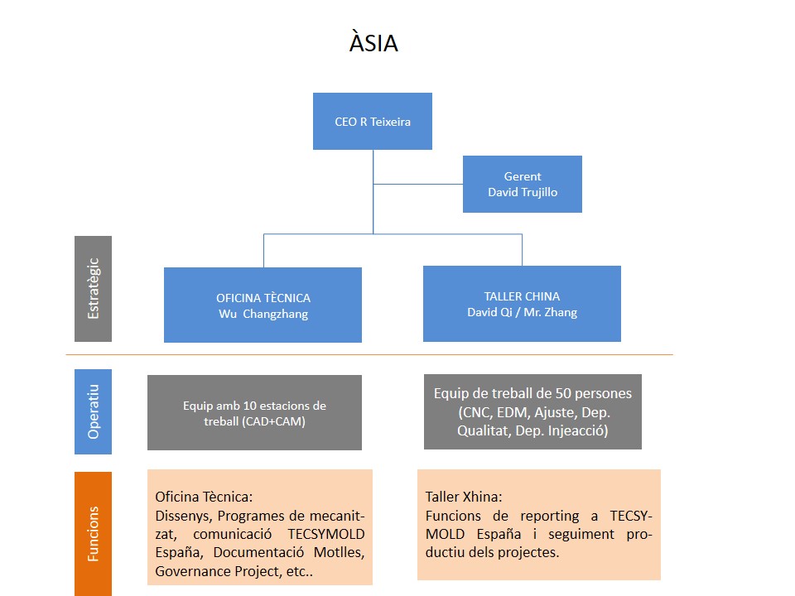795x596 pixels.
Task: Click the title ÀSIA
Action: (373, 41)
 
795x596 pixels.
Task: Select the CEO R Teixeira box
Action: (373, 121)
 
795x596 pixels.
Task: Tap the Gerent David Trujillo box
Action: (523, 184)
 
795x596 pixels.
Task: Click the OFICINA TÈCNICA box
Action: (263, 305)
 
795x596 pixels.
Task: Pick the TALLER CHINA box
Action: (522, 304)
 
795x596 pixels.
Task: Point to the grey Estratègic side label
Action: (94, 289)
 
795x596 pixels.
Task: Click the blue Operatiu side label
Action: (94, 411)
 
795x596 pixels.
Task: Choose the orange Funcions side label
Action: (94, 534)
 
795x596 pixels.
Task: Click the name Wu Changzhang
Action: (263, 315)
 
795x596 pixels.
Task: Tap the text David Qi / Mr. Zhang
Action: (523, 312)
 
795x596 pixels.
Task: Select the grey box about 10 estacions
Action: (254, 412)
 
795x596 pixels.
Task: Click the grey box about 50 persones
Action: (532, 411)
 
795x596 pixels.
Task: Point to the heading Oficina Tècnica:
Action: (204, 497)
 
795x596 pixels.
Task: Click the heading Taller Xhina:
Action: (464, 497)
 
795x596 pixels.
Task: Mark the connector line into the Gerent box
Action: (417, 184)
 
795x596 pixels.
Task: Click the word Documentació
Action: (258, 552)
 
